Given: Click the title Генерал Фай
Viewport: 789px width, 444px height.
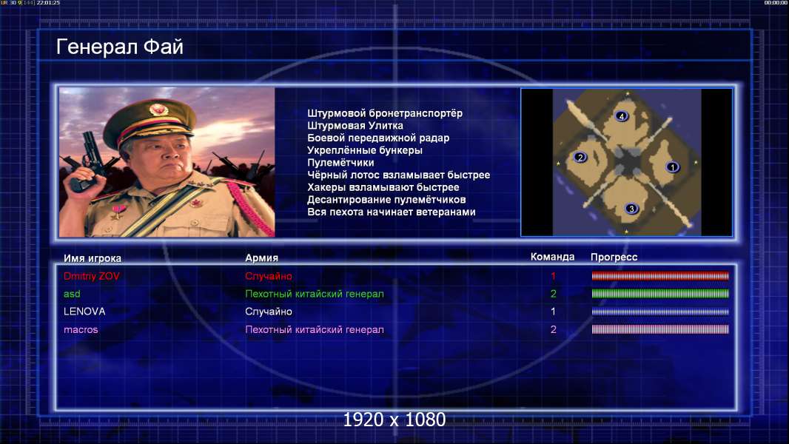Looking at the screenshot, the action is point(120,47).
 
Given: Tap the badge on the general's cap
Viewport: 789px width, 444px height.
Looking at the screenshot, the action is point(158,109).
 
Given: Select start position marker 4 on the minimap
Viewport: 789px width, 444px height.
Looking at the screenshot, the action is point(622,116).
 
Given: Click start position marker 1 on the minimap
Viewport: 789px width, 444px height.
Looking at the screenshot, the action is point(672,166).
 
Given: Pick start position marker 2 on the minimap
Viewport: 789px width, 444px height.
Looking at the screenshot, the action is point(580,158).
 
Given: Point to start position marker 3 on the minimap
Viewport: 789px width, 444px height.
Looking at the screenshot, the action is point(631,209).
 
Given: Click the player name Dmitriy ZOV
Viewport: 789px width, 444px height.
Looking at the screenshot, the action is point(92,276).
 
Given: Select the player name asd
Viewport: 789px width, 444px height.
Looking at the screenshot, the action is point(72,294).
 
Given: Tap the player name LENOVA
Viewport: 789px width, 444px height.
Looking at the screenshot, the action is point(84,312).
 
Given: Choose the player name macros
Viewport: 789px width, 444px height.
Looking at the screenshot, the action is point(81,330).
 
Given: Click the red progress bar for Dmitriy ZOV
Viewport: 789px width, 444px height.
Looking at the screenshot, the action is point(660,275).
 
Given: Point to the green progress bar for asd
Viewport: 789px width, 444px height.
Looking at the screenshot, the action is point(660,294).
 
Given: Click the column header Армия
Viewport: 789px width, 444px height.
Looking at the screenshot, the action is point(262,258).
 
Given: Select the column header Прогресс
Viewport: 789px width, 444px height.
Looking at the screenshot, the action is point(614,258).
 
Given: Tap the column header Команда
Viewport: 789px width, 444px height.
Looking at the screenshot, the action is point(552,257).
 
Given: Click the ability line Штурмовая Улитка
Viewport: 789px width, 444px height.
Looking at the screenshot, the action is point(355,126).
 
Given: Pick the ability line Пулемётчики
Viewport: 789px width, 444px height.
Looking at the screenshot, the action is point(340,163).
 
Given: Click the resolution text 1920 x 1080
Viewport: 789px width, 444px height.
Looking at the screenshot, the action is point(394,420).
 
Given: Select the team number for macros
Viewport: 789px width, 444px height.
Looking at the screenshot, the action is point(553,330).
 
